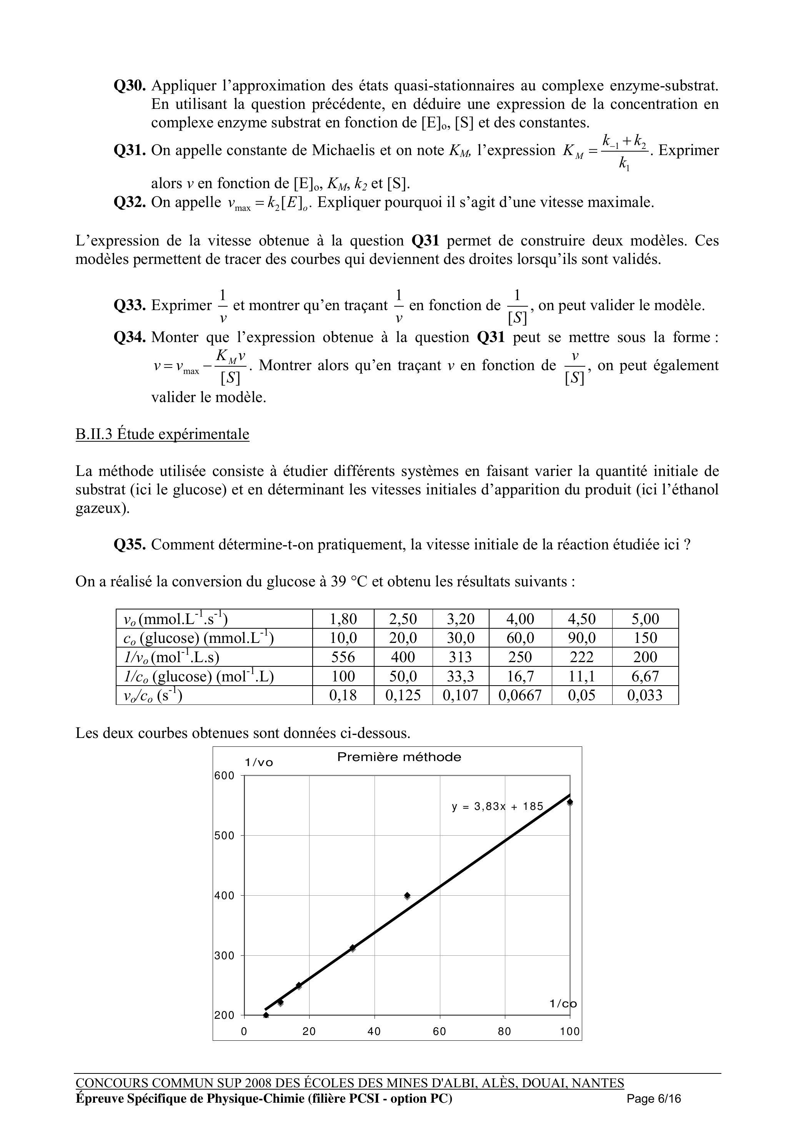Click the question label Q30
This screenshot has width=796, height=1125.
[130, 86]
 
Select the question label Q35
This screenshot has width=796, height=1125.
[130, 544]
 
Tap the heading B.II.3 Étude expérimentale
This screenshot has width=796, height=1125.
[162, 434]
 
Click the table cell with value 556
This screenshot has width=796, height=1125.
[343, 657]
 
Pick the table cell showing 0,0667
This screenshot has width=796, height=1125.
[520, 695]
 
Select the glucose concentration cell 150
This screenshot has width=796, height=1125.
[645, 638]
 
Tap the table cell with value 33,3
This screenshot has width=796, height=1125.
[460, 676]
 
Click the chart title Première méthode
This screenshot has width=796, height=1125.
[399, 757]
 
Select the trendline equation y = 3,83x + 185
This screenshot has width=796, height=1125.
[498, 806]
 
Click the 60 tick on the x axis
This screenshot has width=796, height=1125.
[439, 1032]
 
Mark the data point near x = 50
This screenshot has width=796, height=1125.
[407, 895]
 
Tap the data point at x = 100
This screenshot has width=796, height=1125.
[570, 802]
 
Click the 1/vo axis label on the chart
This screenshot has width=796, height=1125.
[259, 763]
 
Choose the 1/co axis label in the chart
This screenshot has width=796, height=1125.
[563, 1003]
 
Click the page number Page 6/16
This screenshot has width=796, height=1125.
[654, 1098]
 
